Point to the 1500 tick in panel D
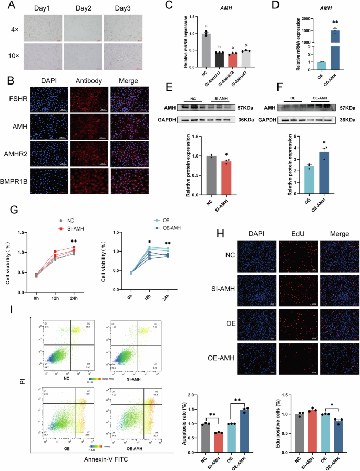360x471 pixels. (304, 31)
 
